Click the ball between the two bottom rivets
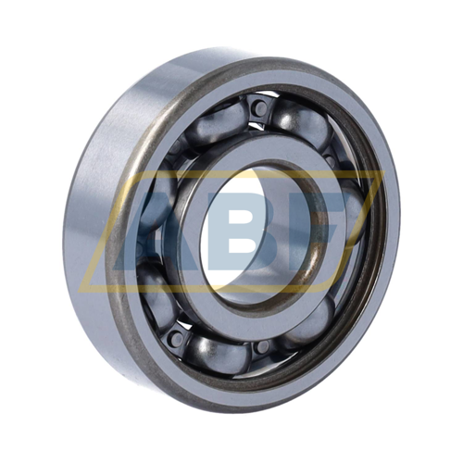pyautogui.click(x=218, y=353)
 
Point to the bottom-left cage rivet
pyautogui.click(x=177, y=339)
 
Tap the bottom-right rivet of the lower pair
pyautogui.click(x=262, y=346)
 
